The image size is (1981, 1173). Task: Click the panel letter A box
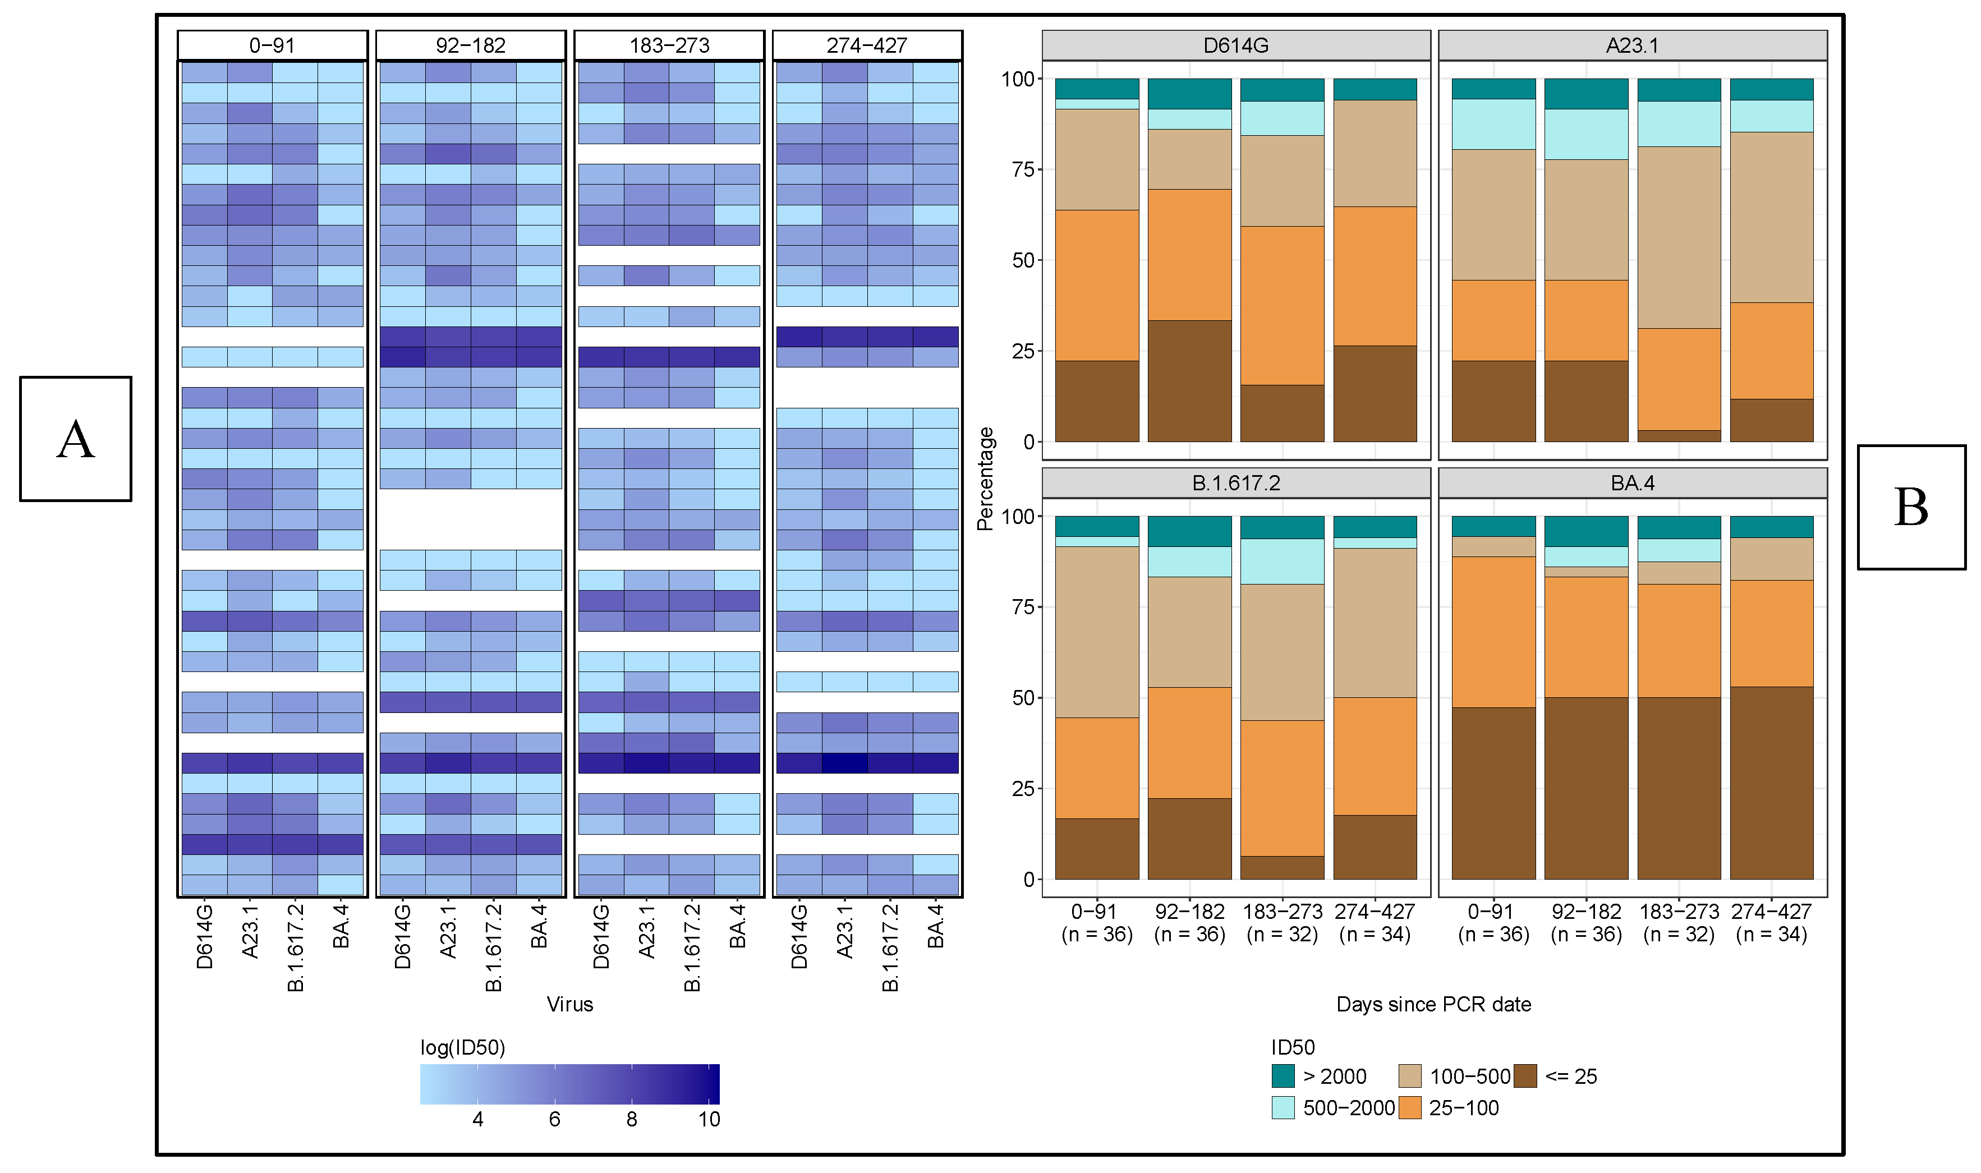coord(76,439)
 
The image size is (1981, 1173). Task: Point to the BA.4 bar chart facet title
coord(1633,483)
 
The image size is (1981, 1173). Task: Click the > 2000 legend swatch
coord(1283,1076)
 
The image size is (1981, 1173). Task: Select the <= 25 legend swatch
coord(1525,1076)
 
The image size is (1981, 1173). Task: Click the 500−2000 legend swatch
coord(1283,1107)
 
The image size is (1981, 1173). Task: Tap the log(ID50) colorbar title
coord(462,1047)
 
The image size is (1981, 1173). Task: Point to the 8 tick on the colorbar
coord(632,1119)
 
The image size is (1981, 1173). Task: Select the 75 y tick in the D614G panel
coord(1022,169)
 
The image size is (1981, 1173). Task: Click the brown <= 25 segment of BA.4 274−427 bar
coord(1772,783)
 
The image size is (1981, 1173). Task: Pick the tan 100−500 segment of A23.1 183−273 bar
coord(1679,237)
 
